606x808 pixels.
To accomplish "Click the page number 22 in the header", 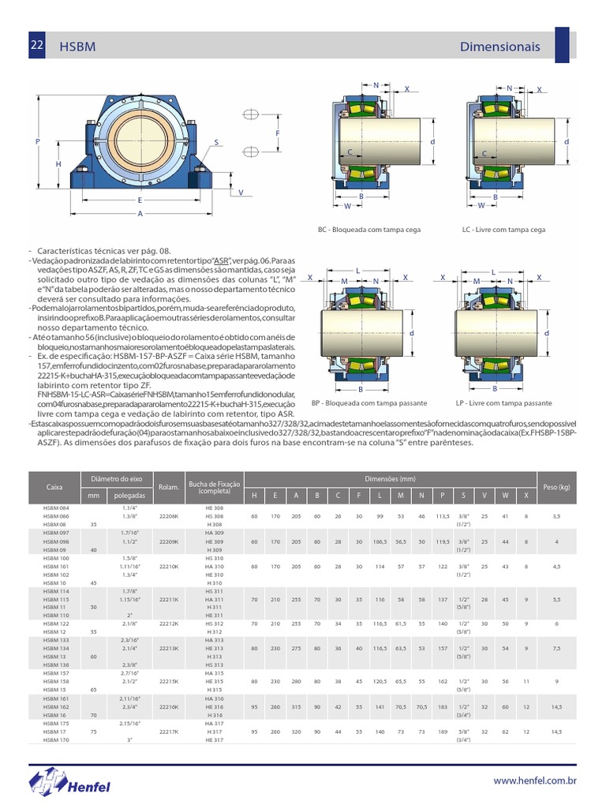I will (x=36, y=46).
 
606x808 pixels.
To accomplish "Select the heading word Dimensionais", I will (x=499, y=47).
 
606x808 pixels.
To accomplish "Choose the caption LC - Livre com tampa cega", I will (x=504, y=230).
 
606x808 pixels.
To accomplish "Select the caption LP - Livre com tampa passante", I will (x=503, y=402).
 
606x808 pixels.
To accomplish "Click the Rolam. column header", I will (x=169, y=488).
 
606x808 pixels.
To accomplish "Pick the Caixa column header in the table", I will (x=54, y=488).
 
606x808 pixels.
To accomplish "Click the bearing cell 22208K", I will (x=169, y=516).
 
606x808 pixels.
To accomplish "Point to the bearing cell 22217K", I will (x=169, y=731).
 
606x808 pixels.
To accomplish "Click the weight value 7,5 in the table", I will (x=556, y=649).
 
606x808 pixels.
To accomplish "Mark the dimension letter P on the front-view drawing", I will (x=37, y=141).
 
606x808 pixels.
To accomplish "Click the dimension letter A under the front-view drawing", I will (x=140, y=214).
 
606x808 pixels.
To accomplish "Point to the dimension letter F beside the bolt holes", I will (x=279, y=133).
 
